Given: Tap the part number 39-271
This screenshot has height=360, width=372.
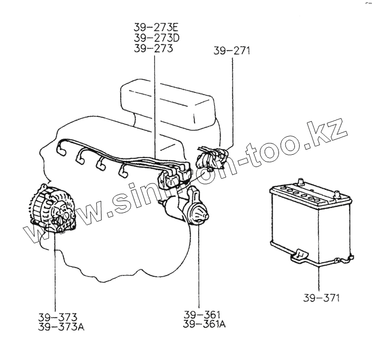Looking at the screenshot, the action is [232, 51].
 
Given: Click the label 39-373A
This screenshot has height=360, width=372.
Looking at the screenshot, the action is [61, 327].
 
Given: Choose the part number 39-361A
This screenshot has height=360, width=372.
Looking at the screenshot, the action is [204, 324].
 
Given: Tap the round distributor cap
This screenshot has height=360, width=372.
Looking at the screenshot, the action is [198, 213].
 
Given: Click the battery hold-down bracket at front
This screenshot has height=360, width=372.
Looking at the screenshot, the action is [301, 256].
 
